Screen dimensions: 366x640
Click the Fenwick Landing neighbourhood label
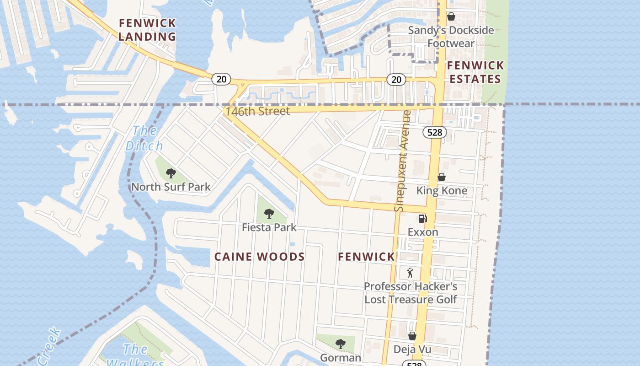click(x=147, y=30)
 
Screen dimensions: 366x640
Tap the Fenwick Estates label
click(x=475, y=72)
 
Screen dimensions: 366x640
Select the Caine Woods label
click(x=260, y=257)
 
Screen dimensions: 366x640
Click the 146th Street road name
click(x=257, y=112)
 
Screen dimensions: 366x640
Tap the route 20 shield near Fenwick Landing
click(x=221, y=79)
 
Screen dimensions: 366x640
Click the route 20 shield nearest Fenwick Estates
click(x=396, y=80)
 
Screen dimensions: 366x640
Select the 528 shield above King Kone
click(x=434, y=133)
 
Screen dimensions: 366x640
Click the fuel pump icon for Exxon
click(x=423, y=219)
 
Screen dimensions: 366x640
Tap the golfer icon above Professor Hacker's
click(x=410, y=273)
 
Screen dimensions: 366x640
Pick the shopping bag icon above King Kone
click(x=442, y=177)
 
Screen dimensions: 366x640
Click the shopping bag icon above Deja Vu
click(x=412, y=336)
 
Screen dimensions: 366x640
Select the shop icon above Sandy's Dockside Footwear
click(x=451, y=17)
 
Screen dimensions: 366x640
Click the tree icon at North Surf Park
click(x=171, y=173)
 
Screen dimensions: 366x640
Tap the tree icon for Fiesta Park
click(x=269, y=214)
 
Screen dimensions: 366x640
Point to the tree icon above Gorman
click(x=340, y=344)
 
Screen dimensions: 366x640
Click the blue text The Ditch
click(x=144, y=138)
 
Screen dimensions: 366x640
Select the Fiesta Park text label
click(x=269, y=227)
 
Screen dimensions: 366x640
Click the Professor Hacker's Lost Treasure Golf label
click(x=411, y=293)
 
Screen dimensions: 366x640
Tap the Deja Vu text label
click(x=412, y=350)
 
